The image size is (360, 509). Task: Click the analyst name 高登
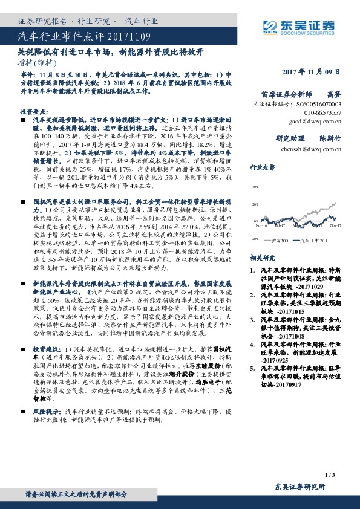(x=333, y=95)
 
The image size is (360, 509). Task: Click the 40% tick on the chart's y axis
(x=257, y=187)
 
